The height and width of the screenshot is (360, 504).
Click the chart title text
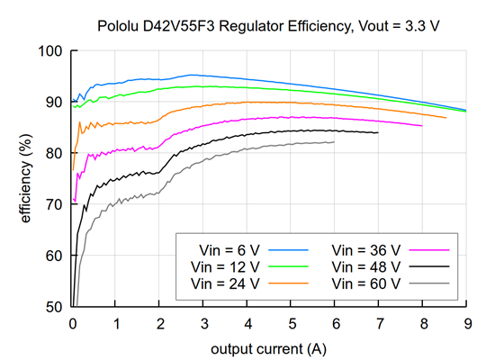pyautogui.click(x=268, y=26)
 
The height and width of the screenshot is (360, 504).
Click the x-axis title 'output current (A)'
pyautogui.click(x=268, y=347)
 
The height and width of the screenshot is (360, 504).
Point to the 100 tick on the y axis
pyautogui.click(x=51, y=51)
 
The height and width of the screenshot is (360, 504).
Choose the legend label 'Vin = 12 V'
pyautogui.click(x=226, y=265)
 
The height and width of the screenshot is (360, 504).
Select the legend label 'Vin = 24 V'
pyautogui.click(x=226, y=283)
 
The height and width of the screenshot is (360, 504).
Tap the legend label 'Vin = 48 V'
pyautogui.click(x=365, y=265)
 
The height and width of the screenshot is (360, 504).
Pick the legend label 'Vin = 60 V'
pyautogui.click(x=365, y=283)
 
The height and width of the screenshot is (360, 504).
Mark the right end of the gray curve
pyautogui.click(x=334, y=142)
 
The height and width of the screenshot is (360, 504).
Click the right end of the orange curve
pyautogui.click(x=445, y=118)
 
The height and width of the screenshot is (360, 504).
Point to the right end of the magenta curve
pyautogui.click(x=421, y=125)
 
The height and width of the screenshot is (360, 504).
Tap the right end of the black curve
pyautogui.click(x=378, y=132)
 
